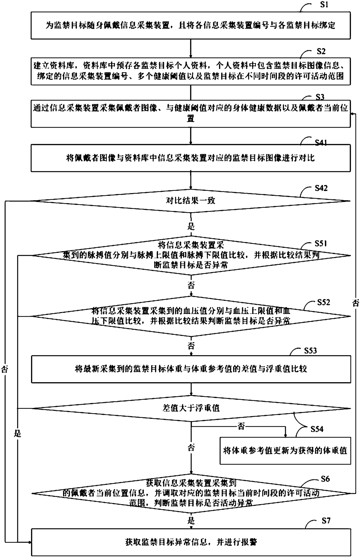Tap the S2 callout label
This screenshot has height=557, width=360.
pos(321,51)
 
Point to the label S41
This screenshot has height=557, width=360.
pos(321,143)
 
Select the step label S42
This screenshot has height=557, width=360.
pos(321,188)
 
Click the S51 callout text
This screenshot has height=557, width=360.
pos(321,243)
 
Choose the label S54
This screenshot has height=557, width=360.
pos(317,429)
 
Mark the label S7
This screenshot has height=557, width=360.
pos(326,520)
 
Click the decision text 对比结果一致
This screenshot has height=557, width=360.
pos(190,201)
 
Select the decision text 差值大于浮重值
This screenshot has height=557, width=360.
pos(191,408)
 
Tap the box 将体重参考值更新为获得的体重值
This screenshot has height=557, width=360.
pos(285,450)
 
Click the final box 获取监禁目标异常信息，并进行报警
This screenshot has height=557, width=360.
pos(191,542)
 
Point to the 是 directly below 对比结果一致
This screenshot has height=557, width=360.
pos(191,226)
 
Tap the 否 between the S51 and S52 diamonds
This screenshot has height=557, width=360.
pos(191,285)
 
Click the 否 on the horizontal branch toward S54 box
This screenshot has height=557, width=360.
pos(241,426)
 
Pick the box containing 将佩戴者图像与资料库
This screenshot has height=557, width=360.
pos(191,158)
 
